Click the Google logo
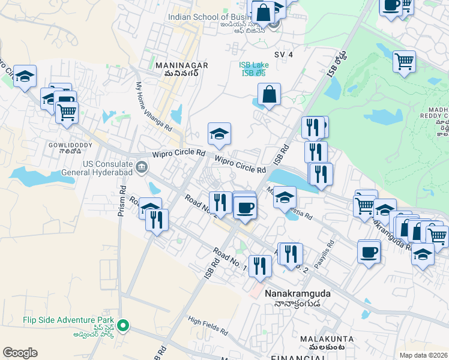(20, 353)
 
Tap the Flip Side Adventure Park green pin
(123, 326)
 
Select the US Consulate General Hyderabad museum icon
(141, 167)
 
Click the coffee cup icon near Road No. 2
(245, 208)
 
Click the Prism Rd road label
(122, 199)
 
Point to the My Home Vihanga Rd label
(154, 108)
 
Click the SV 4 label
(283, 55)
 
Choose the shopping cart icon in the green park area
(405, 61)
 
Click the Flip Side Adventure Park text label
(57, 321)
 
